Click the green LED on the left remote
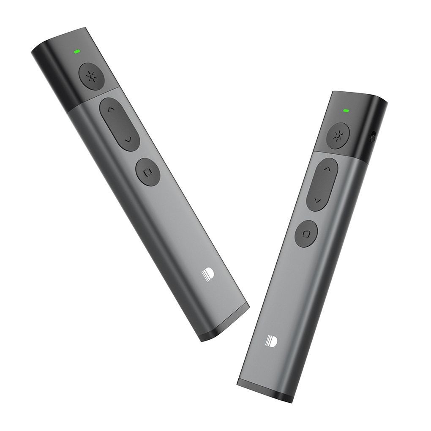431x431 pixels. click(x=77, y=52)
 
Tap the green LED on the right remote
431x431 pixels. click(x=346, y=111)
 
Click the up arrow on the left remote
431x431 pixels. click(x=111, y=109)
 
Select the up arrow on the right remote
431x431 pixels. click(x=325, y=169)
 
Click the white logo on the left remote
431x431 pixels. click(x=207, y=276)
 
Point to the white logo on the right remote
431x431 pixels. click(x=271, y=341)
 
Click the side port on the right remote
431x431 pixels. click(x=372, y=137)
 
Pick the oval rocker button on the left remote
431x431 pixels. click(x=120, y=124)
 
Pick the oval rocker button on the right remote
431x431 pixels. click(x=322, y=184)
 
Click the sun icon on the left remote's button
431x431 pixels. click(x=90, y=76)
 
